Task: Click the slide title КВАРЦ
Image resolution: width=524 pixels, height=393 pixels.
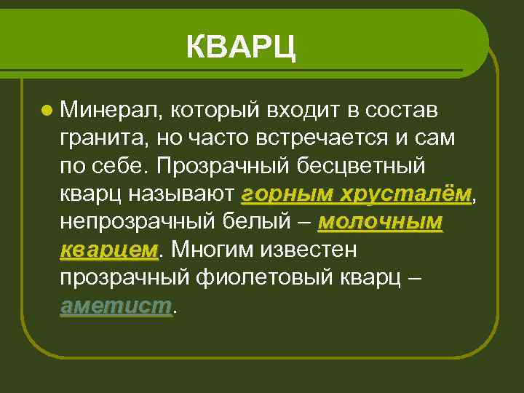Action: tap(241, 48)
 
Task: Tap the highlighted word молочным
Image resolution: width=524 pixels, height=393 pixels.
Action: tap(380, 222)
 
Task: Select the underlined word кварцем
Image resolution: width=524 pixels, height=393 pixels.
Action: tap(109, 250)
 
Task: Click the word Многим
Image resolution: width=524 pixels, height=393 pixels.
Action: tap(213, 250)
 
